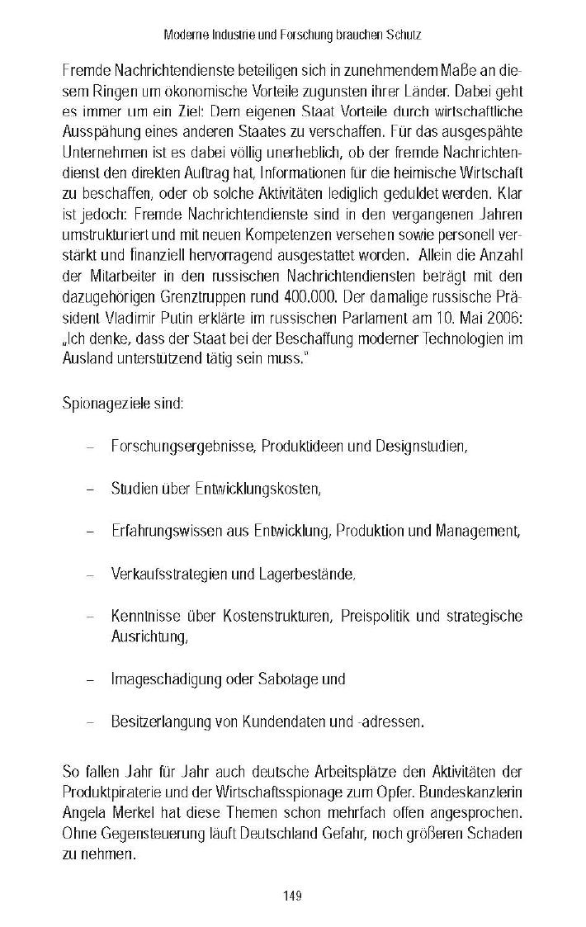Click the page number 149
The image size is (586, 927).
coord(293,896)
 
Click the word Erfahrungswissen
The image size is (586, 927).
coord(158,530)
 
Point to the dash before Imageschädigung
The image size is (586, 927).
coord(89,679)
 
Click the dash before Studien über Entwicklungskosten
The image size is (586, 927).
coord(89,489)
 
